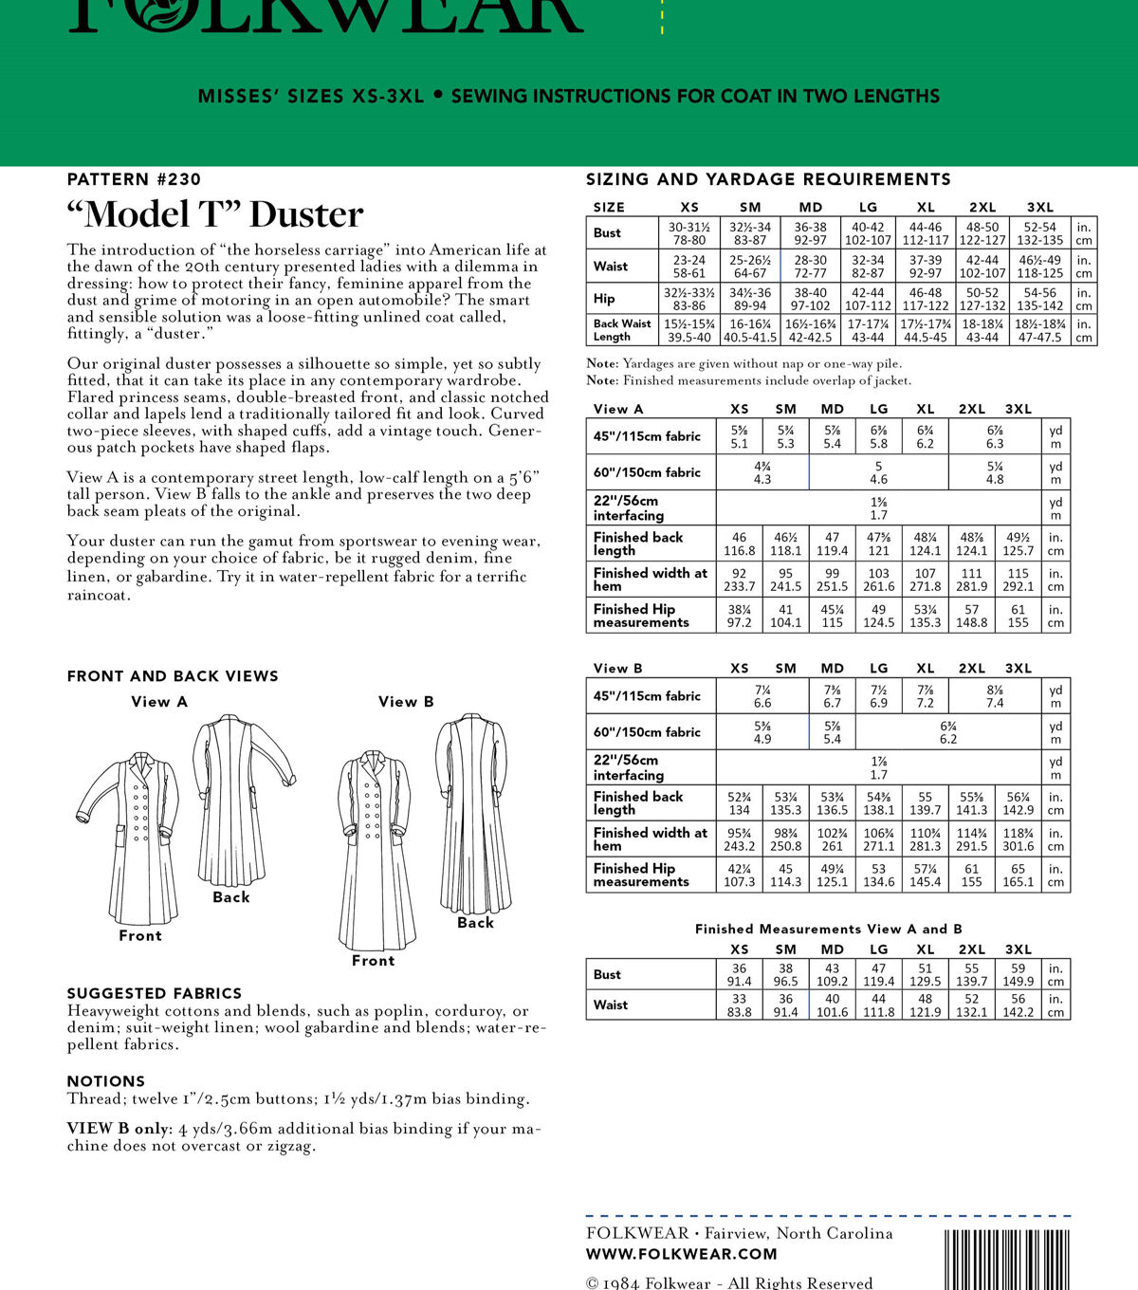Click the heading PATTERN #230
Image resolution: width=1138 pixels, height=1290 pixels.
click(x=134, y=179)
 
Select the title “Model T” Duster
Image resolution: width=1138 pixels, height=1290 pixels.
click(x=215, y=214)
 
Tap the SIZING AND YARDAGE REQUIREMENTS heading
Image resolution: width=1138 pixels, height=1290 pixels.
click(x=768, y=179)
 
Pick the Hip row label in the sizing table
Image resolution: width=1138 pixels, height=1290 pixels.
click(x=604, y=298)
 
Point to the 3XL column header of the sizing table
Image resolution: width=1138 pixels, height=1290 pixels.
click(x=1040, y=207)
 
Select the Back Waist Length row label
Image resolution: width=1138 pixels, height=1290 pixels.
click(x=622, y=330)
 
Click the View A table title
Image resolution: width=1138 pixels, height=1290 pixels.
click(x=618, y=409)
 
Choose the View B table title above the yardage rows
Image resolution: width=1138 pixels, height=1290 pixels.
click(x=618, y=668)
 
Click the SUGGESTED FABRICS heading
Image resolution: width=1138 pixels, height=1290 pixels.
click(x=155, y=993)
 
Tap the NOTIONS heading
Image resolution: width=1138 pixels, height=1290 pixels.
click(x=106, y=1081)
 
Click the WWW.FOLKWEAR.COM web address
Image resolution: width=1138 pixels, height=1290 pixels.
click(x=682, y=1254)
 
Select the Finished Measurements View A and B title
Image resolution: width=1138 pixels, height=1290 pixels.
click(x=828, y=929)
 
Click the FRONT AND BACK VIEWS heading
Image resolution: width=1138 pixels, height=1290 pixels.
click(x=173, y=676)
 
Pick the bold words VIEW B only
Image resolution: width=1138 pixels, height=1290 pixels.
click(x=118, y=1129)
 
